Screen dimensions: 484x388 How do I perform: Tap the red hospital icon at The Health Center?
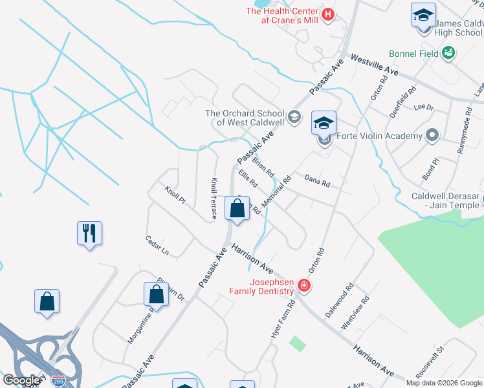pos(328,14)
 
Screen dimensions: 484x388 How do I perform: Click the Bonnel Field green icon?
pos(448,54)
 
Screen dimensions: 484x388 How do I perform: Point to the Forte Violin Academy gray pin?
pos(432,136)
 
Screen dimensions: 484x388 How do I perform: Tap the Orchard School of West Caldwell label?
pos(245,118)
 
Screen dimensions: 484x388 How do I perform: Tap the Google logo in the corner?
pos(21,380)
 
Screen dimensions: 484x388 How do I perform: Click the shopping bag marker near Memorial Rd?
pos(237,209)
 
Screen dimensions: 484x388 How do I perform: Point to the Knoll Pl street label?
pos(175,196)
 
